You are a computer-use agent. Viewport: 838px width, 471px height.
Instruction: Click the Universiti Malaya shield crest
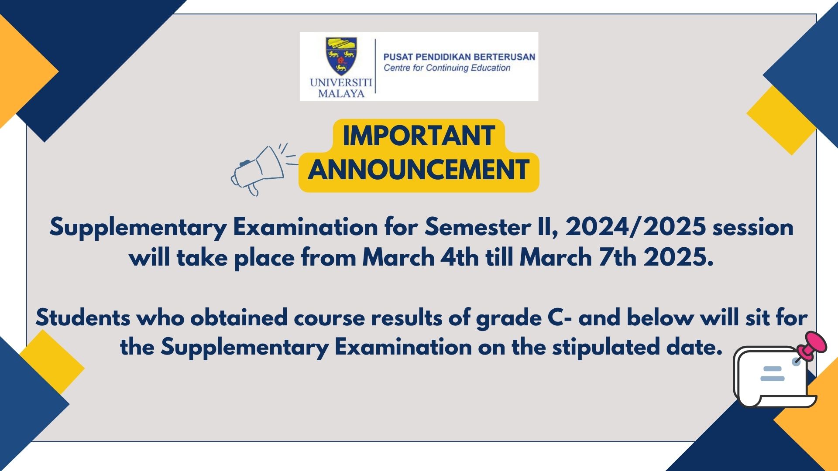[x=341, y=56]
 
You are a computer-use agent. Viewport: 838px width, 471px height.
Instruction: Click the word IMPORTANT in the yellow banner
[x=419, y=136]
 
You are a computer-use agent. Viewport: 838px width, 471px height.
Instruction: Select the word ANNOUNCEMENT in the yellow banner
[x=419, y=170]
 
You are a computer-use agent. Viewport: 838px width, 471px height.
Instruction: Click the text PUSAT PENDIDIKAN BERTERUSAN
[x=459, y=57]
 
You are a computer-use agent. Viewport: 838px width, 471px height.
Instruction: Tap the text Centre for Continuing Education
[x=447, y=68]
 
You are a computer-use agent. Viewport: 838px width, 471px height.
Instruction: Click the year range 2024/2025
[x=635, y=227]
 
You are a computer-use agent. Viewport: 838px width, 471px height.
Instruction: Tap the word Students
[x=83, y=317]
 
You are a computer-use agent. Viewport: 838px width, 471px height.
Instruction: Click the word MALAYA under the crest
[x=341, y=93]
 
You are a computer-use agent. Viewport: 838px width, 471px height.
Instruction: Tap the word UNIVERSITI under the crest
[x=341, y=82]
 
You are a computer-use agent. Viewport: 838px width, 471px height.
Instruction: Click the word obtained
[x=239, y=317]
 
